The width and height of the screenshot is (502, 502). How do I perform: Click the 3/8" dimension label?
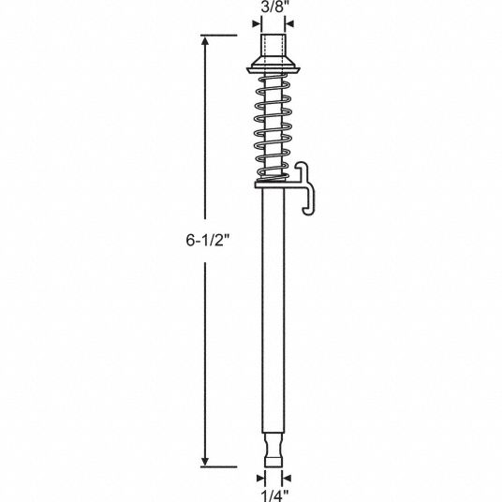point(273,7)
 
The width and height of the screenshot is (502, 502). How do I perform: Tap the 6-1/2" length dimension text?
point(208,240)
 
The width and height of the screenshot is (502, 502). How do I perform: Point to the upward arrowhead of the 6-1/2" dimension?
point(205,40)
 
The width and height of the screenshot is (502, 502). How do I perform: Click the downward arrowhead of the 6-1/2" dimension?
point(205,462)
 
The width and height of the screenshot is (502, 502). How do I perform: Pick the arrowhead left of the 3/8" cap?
point(256,23)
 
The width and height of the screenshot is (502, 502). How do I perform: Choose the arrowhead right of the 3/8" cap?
point(289,23)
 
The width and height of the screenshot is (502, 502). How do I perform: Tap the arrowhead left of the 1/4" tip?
point(260,479)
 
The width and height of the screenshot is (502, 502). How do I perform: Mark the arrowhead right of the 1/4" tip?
point(287,479)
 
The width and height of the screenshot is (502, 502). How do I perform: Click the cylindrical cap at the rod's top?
point(273,47)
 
